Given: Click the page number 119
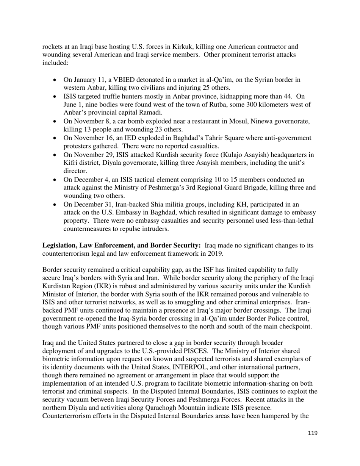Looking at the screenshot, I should point(312,433).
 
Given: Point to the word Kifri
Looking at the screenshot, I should point(71,163).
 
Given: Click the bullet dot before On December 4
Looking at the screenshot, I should point(56,180).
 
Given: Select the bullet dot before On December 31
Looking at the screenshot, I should point(56,205).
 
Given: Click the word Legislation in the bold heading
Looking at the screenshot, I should point(60,246).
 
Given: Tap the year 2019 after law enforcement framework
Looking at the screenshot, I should point(215,254).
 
